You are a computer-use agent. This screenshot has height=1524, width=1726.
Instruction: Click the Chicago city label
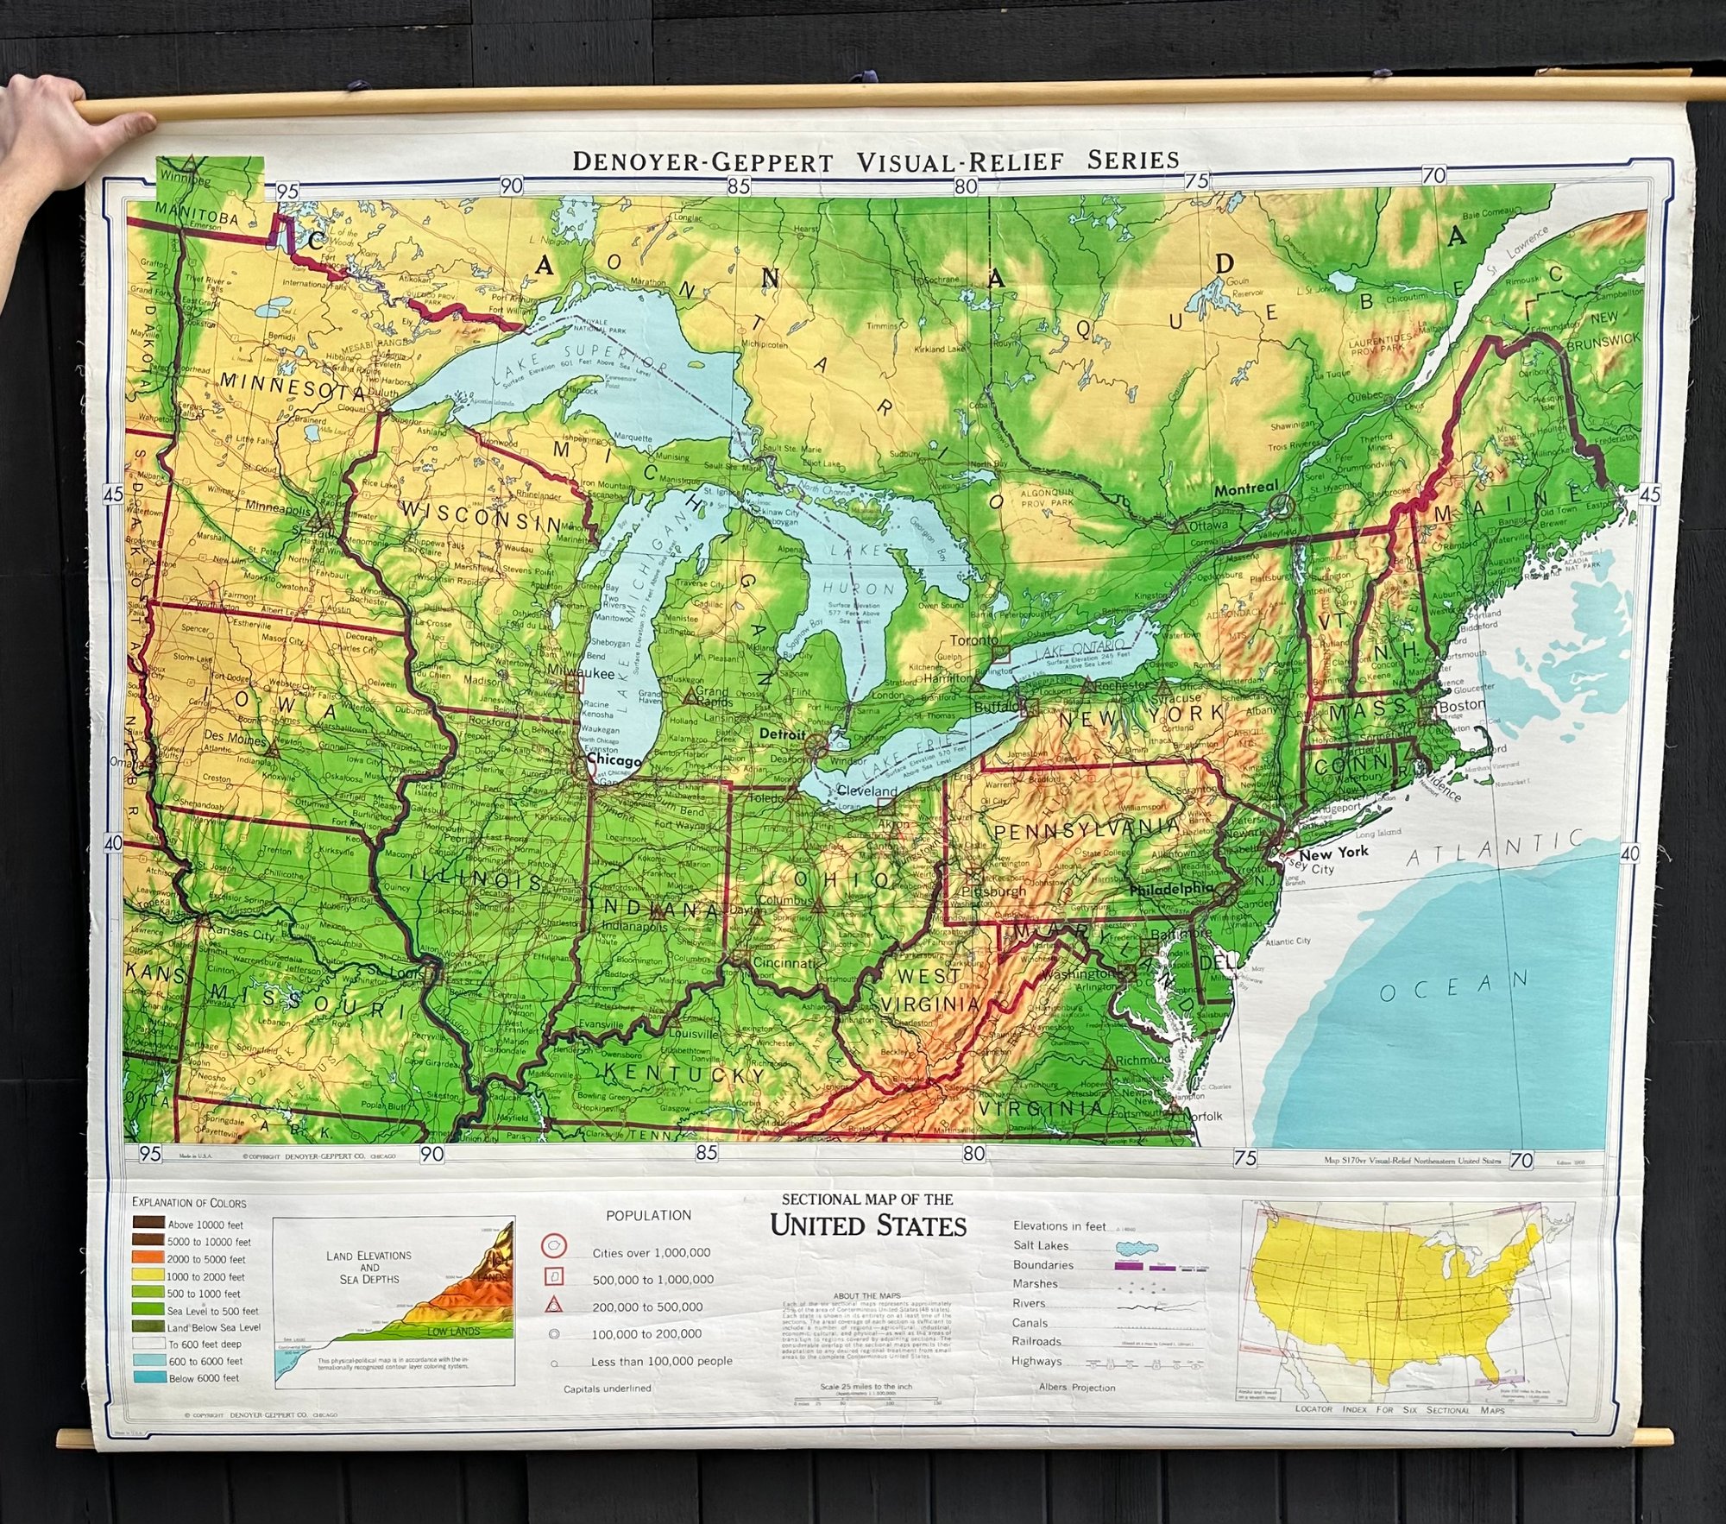coord(614,761)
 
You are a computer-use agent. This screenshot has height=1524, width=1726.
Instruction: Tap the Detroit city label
coord(783,734)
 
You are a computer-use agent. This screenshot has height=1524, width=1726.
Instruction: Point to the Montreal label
coord(1245,488)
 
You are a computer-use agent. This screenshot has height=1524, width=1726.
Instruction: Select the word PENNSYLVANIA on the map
coord(1086,828)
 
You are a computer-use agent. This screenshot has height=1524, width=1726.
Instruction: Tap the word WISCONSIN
coord(482,516)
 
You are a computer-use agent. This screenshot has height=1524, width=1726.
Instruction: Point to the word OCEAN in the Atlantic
coord(1453,986)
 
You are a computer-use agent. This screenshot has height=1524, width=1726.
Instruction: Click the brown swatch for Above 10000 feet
coord(148,1224)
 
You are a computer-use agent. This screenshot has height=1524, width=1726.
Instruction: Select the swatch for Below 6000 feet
coord(148,1377)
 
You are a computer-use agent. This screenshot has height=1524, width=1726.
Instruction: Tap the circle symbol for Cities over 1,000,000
coord(553,1245)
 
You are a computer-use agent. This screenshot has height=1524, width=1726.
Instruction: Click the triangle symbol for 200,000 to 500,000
coord(553,1305)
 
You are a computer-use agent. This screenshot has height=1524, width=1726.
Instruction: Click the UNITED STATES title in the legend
coord(867,1225)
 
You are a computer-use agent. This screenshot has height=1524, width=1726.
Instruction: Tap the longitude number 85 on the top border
coord(738,186)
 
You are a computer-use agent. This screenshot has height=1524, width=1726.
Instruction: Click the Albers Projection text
coord(1076,1388)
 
